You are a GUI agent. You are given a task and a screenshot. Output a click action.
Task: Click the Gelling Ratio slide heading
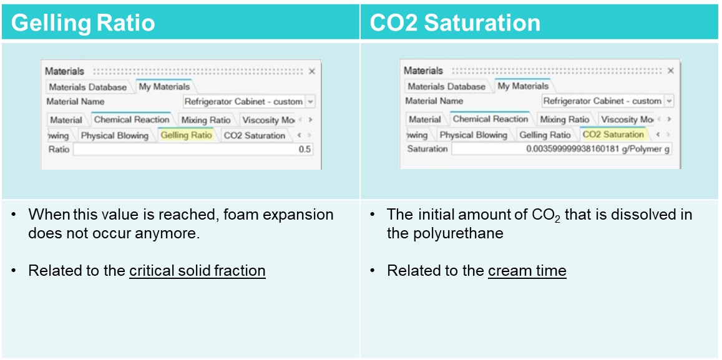coord(83,22)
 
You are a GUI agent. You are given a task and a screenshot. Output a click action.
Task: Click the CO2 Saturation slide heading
coord(455,22)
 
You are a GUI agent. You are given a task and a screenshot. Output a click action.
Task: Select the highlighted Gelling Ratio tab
coord(187,135)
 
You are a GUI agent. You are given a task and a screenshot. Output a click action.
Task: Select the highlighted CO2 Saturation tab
coord(613,134)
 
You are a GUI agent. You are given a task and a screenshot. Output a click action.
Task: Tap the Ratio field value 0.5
coord(305,149)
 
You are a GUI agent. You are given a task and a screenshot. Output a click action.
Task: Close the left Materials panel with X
coord(312,71)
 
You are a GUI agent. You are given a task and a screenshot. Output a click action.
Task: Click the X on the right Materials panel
coord(670,71)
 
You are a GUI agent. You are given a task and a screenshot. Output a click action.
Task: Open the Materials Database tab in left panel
coord(87,87)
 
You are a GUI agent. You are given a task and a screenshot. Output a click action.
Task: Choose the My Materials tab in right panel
coord(523,86)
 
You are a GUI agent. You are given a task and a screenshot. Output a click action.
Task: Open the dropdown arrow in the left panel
coord(310,102)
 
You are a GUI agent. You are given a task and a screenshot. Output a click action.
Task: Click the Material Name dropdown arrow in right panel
coord(669,101)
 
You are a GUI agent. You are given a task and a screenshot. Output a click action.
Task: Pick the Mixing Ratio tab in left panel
coord(206,120)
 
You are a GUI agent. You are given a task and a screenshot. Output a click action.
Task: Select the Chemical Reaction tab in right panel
coord(490,119)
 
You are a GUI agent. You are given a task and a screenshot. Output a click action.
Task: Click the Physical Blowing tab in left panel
coord(115,135)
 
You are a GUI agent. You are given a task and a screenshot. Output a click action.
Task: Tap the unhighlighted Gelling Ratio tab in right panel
coord(545,135)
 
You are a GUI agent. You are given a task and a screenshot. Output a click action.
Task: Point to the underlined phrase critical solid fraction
coord(198,271)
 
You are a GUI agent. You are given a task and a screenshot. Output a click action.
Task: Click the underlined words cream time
coord(527,271)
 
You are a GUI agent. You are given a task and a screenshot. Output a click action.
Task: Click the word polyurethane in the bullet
coord(445,233)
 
